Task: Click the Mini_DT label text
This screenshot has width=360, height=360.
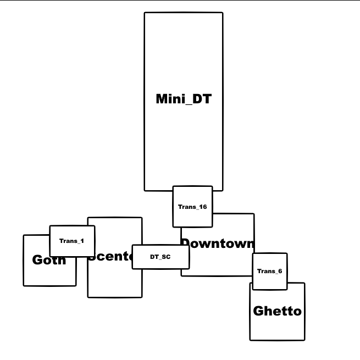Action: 184,99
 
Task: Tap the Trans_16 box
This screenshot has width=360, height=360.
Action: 192,207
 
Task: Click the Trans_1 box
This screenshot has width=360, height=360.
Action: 72,241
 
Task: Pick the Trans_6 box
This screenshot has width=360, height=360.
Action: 269,271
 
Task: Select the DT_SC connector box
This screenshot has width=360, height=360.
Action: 160,257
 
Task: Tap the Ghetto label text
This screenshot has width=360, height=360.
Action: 277,311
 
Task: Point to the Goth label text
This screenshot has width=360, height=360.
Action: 49,260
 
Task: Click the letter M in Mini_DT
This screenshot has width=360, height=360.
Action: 162,99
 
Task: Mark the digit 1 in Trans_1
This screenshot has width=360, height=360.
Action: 82,241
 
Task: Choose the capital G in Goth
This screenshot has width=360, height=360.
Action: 37,260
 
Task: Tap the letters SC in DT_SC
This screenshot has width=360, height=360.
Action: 166,257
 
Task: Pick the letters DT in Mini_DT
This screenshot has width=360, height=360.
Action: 202,99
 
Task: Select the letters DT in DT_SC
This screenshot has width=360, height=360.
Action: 154,257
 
